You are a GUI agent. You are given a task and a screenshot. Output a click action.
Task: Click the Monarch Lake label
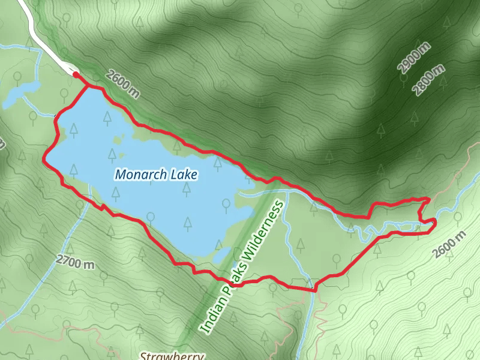[157, 175]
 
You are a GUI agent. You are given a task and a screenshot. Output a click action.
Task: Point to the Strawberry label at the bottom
[173, 355]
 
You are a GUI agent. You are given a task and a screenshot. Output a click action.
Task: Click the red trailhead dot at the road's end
[76, 74]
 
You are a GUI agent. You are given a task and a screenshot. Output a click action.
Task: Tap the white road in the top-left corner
[42, 39]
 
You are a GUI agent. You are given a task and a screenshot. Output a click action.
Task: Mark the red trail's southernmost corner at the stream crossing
[313, 291]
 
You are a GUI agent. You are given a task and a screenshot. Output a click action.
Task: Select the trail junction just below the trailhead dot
[89, 86]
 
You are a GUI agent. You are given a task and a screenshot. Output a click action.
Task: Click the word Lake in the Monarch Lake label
[184, 175]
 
